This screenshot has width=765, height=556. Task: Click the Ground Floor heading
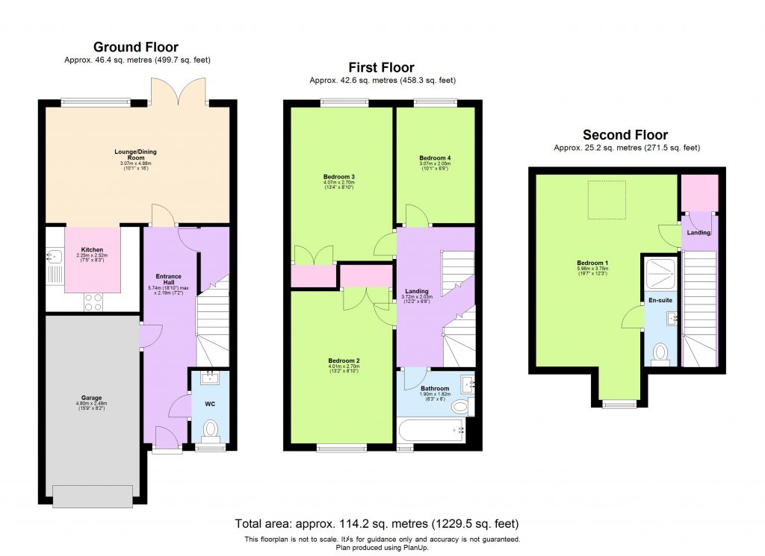pyautogui.click(x=135, y=48)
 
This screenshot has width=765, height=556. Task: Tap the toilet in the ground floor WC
pyautogui.click(x=210, y=428)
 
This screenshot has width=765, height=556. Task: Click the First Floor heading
pyautogui.click(x=381, y=68)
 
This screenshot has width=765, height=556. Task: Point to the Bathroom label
pyautogui.click(x=434, y=388)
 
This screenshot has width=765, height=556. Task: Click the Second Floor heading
pyautogui.click(x=625, y=135)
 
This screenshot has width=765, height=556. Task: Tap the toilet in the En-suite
pyautogui.click(x=660, y=352)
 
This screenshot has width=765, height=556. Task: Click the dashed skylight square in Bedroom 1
pyautogui.click(x=606, y=200)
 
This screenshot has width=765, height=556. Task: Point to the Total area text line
pyautogui.click(x=377, y=523)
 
